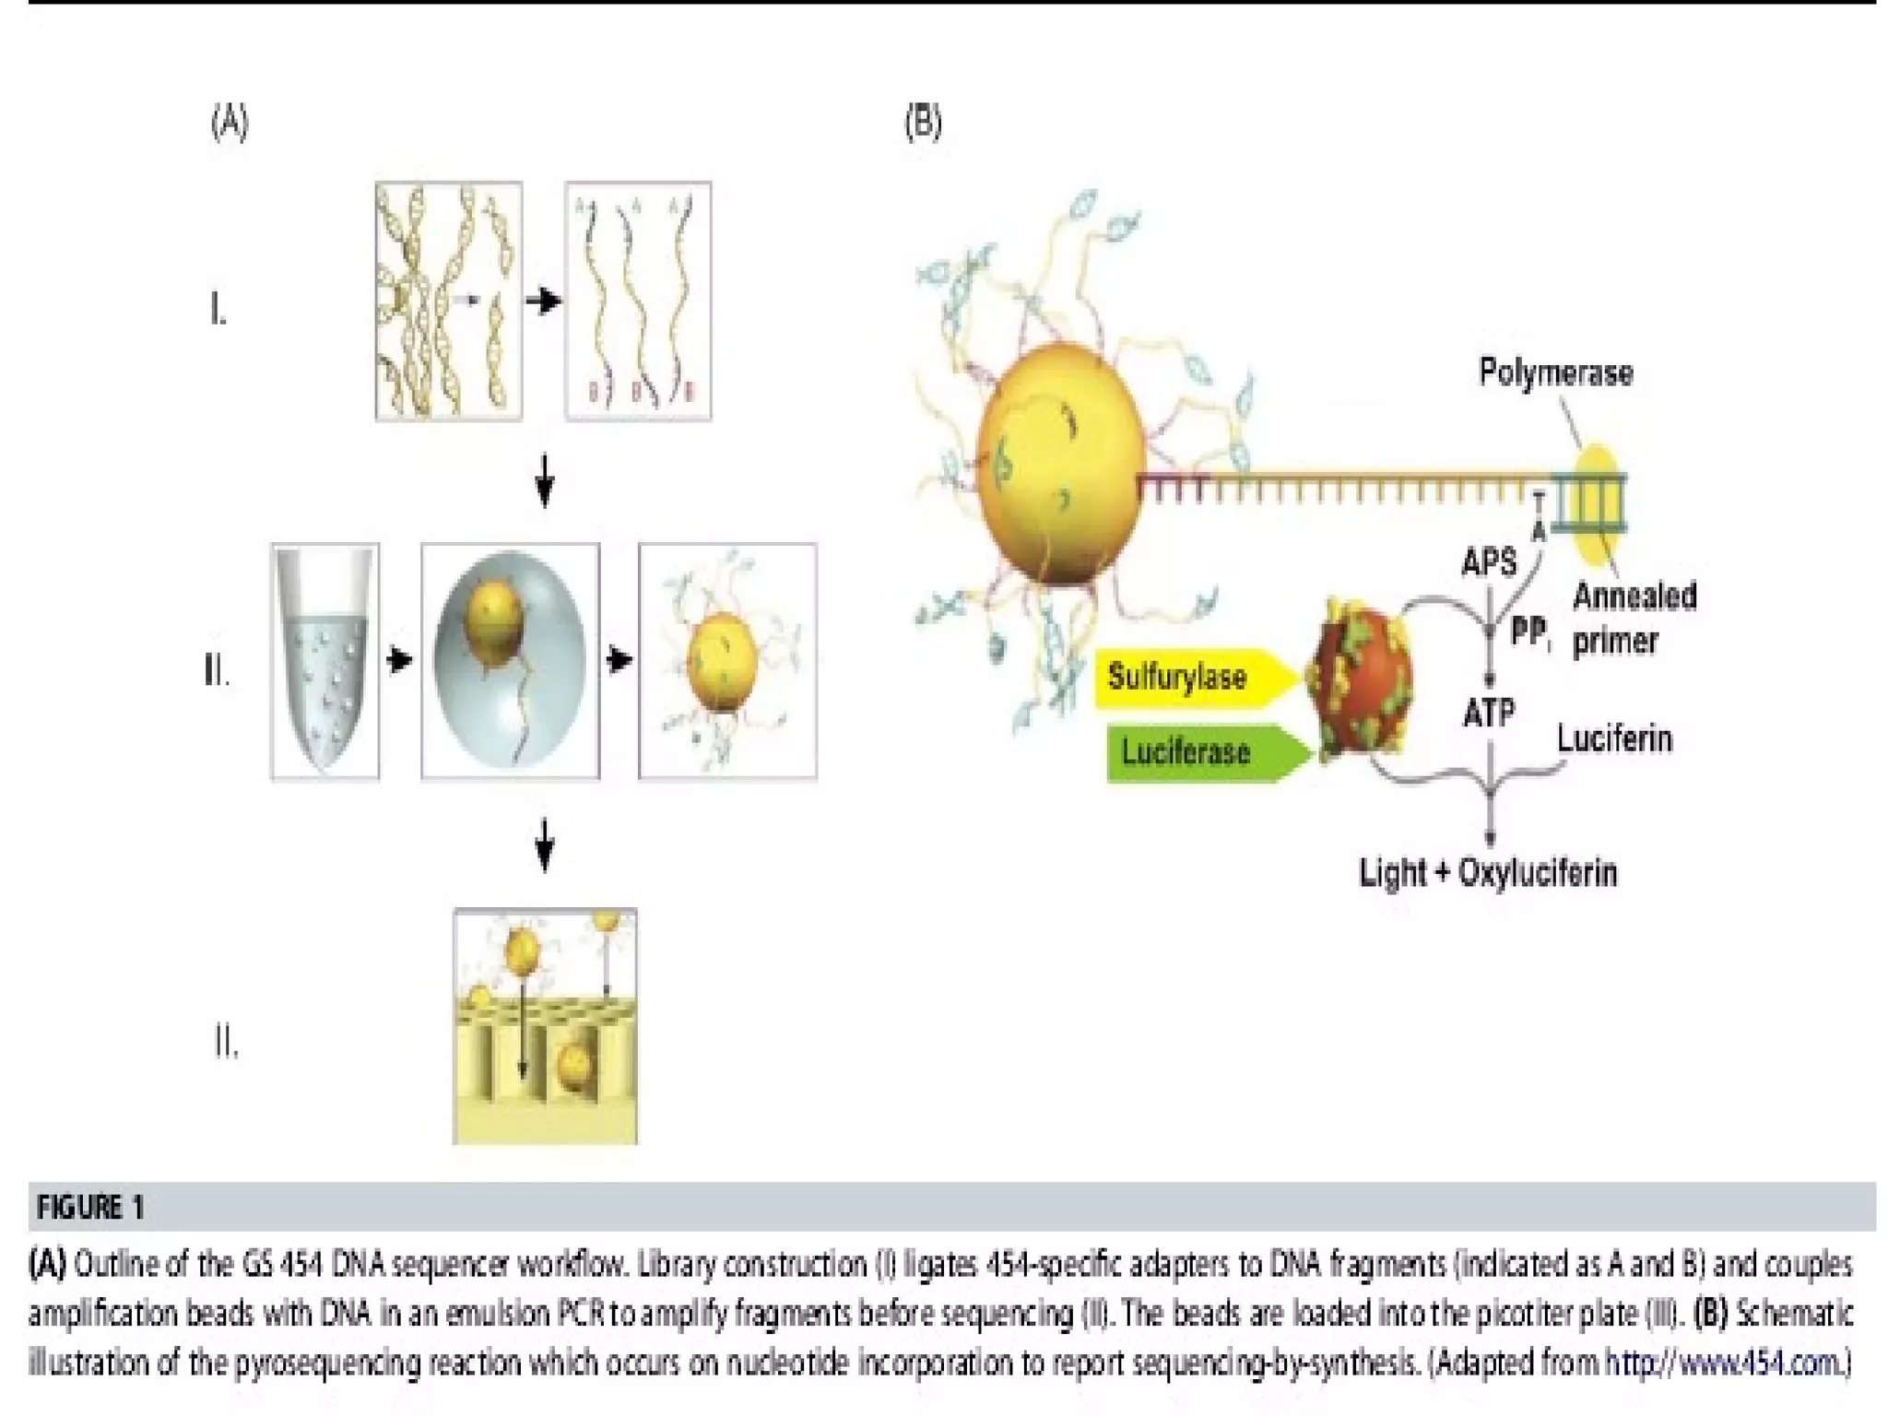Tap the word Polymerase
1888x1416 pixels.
[1555, 372]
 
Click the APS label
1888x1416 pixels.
[1489, 562]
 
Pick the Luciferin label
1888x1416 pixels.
[1614, 739]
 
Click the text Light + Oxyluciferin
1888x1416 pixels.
[1488, 872]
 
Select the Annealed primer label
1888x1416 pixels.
[1634, 618]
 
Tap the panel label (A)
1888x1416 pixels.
[230, 123]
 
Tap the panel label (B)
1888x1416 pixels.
[923, 123]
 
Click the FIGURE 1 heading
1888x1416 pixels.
[90, 1207]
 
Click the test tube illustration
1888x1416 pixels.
[324, 661]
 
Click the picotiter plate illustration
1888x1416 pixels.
[545, 1026]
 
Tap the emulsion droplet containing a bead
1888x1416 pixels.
[510, 661]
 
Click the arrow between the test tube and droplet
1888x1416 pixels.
[399, 661]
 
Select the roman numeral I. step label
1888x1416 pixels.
[218, 311]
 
